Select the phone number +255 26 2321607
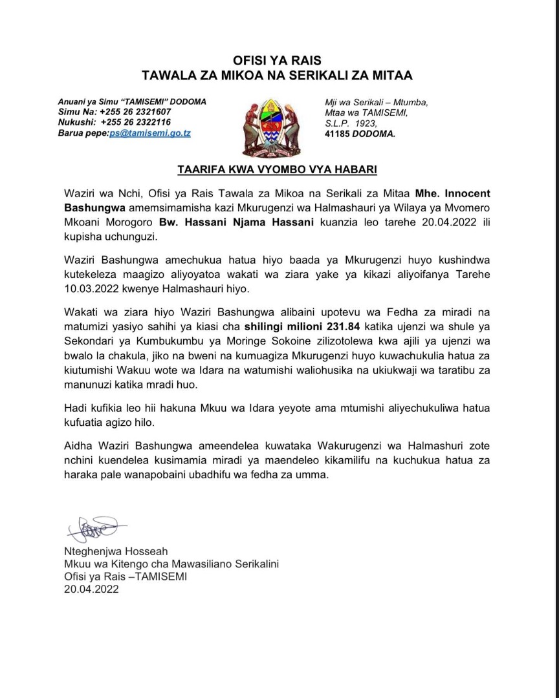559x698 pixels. point(134,112)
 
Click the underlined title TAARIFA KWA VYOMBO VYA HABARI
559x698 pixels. point(277,171)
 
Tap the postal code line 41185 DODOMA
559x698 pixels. point(360,134)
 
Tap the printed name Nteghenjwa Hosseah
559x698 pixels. point(116,551)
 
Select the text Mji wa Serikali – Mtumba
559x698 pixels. point(375,102)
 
